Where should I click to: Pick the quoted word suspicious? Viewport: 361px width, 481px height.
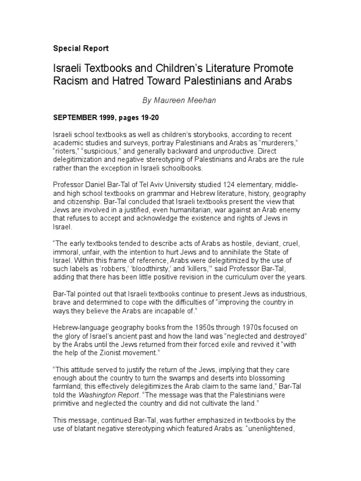[x=104, y=151]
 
